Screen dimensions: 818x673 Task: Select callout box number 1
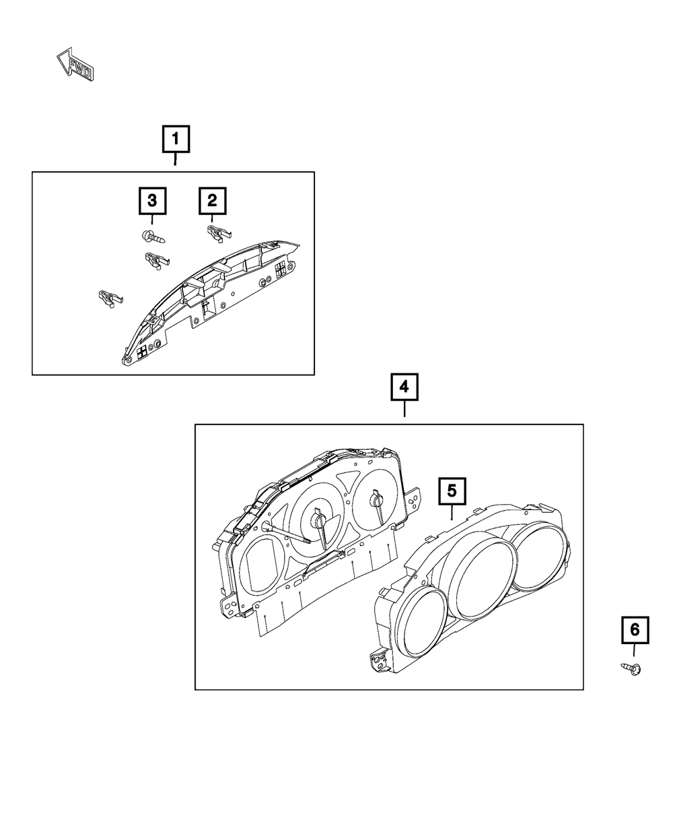point(176,140)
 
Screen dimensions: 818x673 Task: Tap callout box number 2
point(212,200)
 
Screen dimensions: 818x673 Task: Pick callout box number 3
point(153,200)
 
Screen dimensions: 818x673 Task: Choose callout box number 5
point(452,491)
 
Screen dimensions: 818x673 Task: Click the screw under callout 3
point(153,237)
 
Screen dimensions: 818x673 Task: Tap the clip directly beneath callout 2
point(215,234)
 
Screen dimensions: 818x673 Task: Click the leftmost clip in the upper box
point(110,297)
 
